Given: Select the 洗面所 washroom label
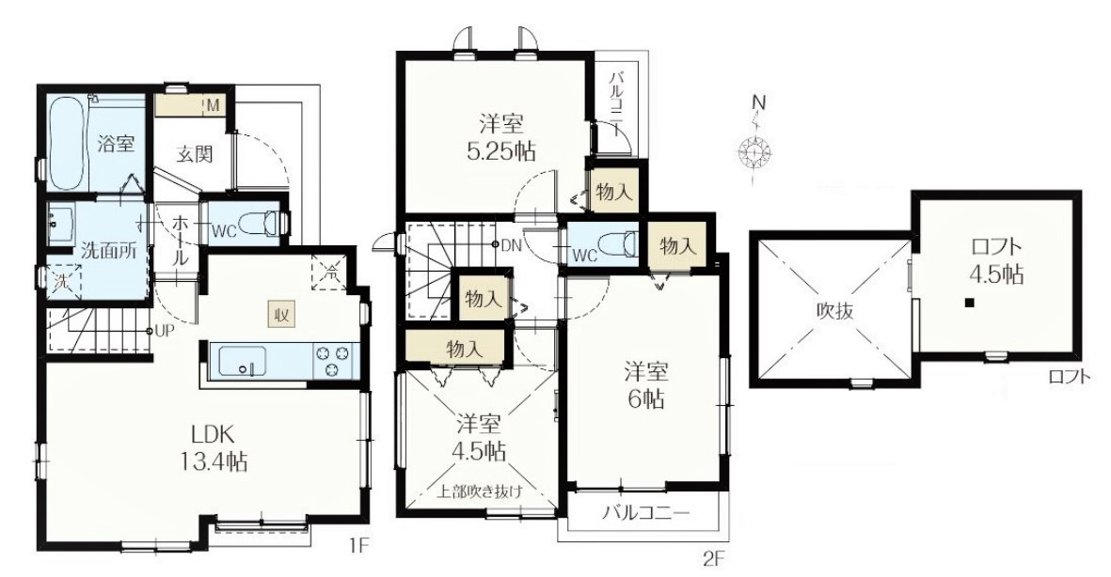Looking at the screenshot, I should (x=104, y=251).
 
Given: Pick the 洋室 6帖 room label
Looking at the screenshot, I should (x=645, y=384).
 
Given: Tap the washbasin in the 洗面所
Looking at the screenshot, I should (x=64, y=225).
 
